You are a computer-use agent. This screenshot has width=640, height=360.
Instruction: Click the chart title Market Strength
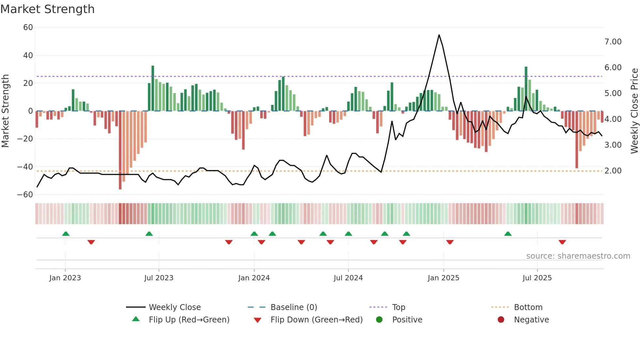[47, 9]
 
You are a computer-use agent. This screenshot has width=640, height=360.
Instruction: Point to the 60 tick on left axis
[28, 27]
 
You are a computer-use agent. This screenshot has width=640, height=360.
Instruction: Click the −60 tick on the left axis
[25, 195]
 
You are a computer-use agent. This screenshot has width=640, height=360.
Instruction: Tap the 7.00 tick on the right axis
[613, 42]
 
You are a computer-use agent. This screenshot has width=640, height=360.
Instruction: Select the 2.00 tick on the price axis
[613, 171]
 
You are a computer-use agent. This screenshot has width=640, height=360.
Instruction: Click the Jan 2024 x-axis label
[254, 278]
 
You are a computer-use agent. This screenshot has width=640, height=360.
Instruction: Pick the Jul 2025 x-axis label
[537, 278]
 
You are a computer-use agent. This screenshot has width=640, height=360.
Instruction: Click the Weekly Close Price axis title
[634, 111]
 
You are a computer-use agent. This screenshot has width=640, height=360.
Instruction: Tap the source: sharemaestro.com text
[578, 256]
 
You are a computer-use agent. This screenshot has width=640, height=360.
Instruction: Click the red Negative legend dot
[501, 320]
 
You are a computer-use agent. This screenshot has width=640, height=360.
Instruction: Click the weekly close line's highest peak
[439, 35]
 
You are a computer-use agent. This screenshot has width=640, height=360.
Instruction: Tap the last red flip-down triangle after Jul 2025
[562, 242]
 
